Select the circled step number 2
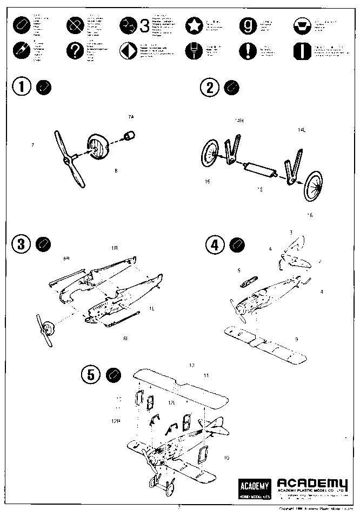[210, 87]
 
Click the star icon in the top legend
[193, 25]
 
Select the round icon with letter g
[248, 25]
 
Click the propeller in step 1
[69, 158]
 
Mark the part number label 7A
[130, 117]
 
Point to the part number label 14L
[301, 130]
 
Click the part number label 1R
[115, 247]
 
